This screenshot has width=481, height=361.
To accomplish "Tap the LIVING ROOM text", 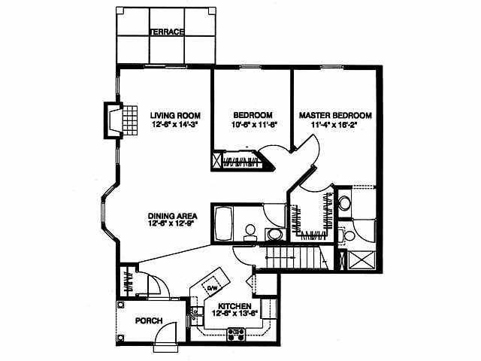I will pos(174,114).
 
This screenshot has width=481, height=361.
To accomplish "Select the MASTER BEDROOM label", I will pos(335,115).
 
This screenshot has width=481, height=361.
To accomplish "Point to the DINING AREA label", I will pos(172,214).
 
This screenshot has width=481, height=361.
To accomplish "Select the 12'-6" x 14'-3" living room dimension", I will pos(174,125).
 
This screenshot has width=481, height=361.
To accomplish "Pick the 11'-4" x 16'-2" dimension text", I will pos(335,125).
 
